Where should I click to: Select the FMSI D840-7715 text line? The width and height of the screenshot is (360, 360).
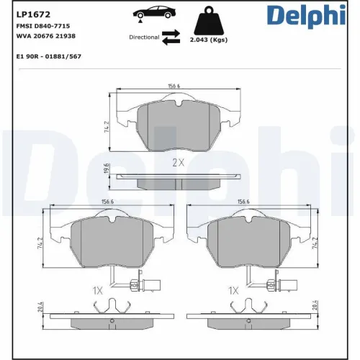tap(42, 25)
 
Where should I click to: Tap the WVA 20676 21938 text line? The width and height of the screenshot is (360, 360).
tap(45, 35)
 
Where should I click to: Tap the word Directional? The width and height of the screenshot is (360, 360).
tap(144, 37)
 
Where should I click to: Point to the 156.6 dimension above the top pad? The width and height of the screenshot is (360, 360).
tap(174, 86)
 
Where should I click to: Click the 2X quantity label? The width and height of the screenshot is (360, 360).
tap(179, 163)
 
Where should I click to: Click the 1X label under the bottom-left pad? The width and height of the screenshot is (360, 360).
tap(98, 291)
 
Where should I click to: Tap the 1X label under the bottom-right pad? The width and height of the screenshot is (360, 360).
tap(233, 291)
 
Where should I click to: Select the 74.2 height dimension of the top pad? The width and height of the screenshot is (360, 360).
tap(107, 126)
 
